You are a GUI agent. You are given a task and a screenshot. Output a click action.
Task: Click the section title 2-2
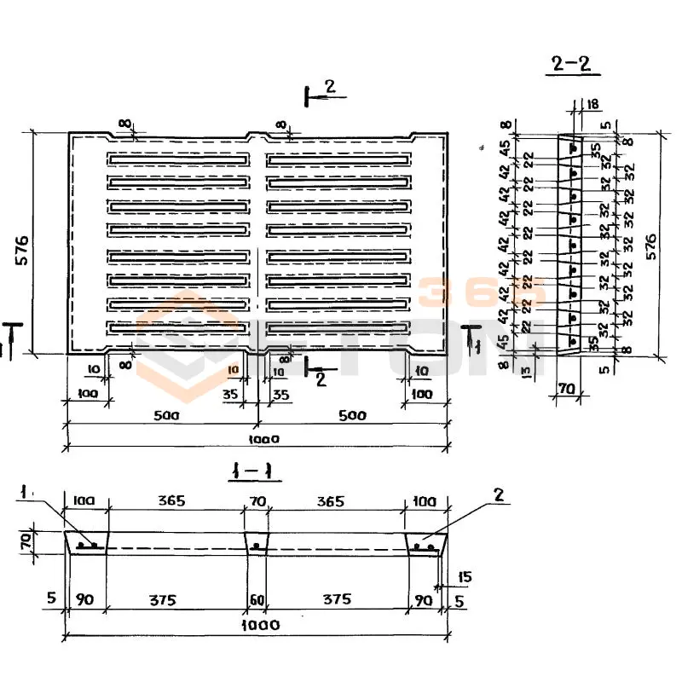570,66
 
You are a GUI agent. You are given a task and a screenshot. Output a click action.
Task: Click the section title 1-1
257,471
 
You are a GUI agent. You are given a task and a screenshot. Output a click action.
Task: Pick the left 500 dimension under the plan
165,416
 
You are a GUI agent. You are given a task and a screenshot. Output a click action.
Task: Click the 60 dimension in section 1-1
257,599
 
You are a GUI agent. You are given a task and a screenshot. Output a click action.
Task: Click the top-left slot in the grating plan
180,160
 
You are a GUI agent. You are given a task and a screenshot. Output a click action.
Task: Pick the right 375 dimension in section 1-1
337,599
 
